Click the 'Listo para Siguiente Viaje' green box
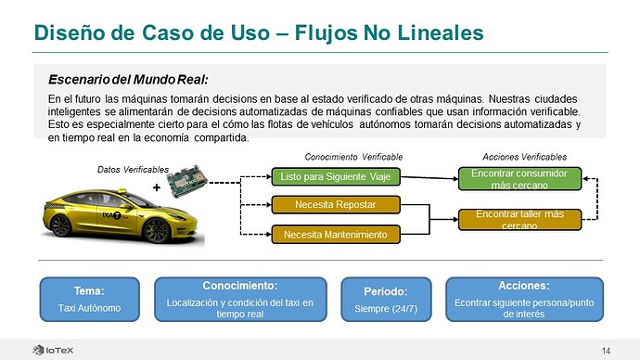point(336,176)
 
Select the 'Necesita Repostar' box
point(336,204)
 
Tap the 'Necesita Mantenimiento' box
point(336,235)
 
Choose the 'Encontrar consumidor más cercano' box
point(519,179)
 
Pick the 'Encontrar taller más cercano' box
point(519,220)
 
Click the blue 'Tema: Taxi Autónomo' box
point(89,299)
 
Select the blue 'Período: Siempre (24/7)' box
point(386,299)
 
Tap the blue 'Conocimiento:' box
point(240,299)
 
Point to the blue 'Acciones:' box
point(524,299)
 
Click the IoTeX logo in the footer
point(53,350)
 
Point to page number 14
point(606,351)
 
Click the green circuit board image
point(187,181)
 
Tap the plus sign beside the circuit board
point(157,187)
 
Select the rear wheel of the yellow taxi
point(61,225)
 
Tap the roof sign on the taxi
point(122,190)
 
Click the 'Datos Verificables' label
point(133,170)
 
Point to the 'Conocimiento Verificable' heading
point(353,157)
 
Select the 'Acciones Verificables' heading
point(524,157)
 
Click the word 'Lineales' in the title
point(441,32)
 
